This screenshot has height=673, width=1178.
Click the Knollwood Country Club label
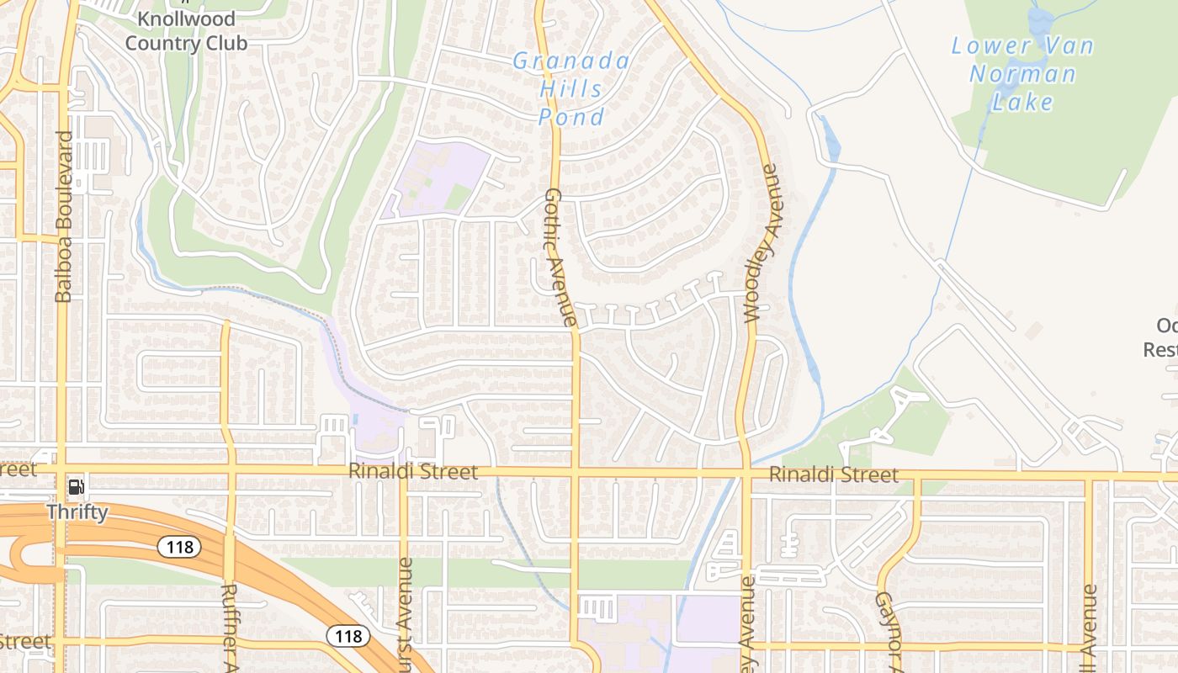(186, 31)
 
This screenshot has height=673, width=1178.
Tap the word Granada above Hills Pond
(571, 61)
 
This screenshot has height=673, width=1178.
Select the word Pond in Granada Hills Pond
(571, 117)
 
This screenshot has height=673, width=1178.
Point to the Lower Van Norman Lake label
(1022, 74)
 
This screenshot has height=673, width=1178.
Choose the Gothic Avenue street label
(559, 257)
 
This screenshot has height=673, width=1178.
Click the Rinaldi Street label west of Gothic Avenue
(413, 472)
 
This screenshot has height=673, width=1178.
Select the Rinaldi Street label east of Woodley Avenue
(833, 475)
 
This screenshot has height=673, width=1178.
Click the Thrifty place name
(77, 511)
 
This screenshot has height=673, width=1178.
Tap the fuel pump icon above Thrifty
(76, 486)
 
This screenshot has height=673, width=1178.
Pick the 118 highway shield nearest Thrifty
(179, 547)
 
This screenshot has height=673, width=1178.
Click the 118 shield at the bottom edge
(348, 635)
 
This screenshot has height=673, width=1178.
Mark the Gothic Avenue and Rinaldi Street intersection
(576, 473)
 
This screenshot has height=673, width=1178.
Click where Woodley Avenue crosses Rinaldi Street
(746, 474)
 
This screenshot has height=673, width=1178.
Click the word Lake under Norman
(1022, 103)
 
